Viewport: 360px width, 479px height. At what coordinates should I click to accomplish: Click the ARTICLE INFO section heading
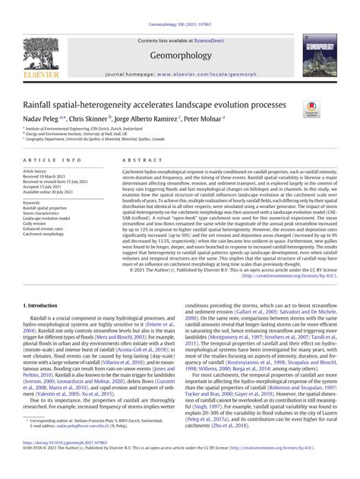tap(52, 161)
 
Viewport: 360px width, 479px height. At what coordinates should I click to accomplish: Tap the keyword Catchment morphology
tap(47, 235)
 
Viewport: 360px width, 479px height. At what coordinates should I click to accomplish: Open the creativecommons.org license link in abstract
tap(289, 276)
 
